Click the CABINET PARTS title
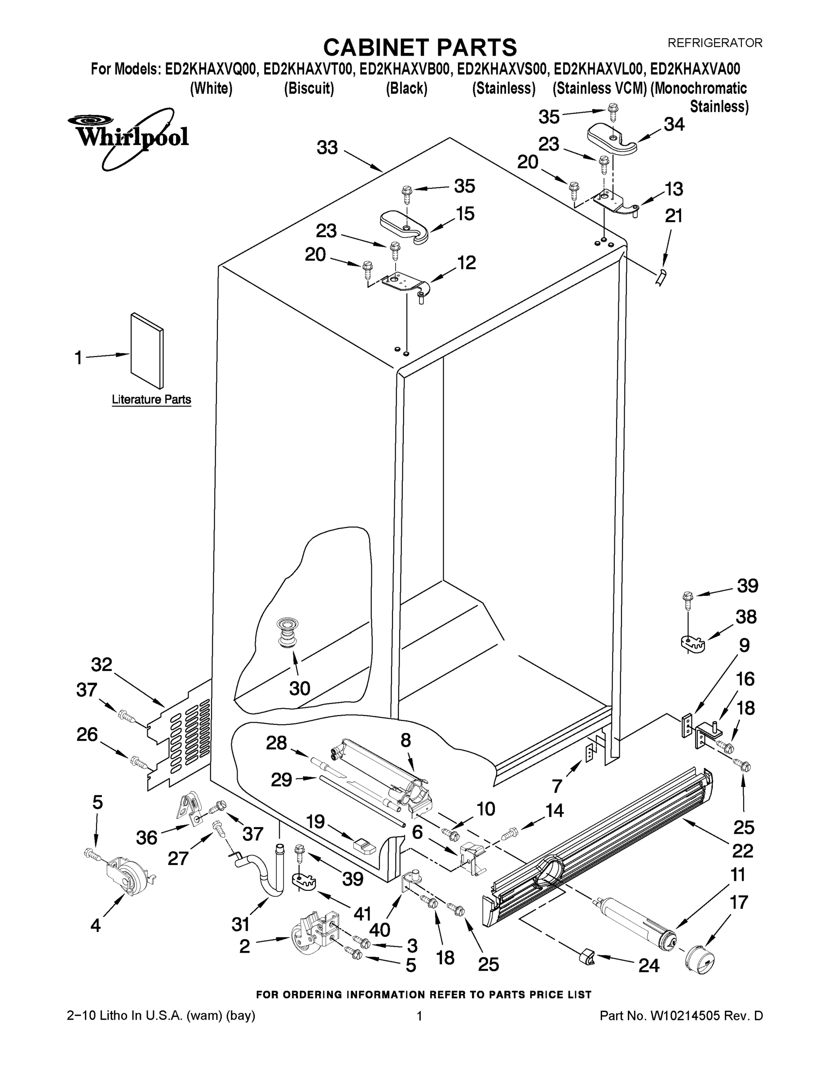(420, 48)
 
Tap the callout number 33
(326, 148)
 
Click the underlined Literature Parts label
(151, 399)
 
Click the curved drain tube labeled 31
(269, 877)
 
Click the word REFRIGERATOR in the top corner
(714, 43)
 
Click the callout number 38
(745, 617)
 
